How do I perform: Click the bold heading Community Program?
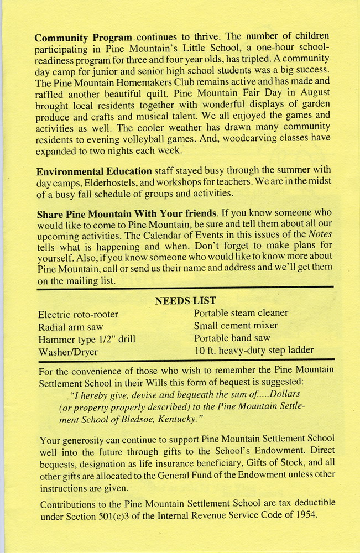pos(83,38)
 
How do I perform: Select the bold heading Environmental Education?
pos(94,171)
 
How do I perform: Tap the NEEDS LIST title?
pos(185,301)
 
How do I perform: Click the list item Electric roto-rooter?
pos(78,315)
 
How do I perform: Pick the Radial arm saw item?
pos(70,327)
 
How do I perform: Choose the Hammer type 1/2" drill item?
pos(86,340)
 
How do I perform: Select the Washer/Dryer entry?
pos(67,352)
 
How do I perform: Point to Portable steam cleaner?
pos(241,313)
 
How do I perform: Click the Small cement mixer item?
pos(236,326)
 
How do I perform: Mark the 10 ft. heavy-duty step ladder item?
pos(254,351)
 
